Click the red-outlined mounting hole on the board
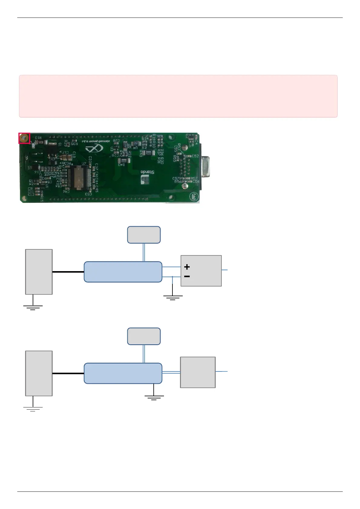pyautogui.click(x=24, y=138)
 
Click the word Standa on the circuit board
pyautogui.click(x=147, y=172)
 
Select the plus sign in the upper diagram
pyautogui.click(x=187, y=267)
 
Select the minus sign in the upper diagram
pyautogui.click(x=187, y=276)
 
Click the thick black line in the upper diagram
pyautogui.click(x=68, y=272)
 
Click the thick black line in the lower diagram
pyautogui.click(x=68, y=373)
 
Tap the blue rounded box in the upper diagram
pyautogui.click(x=123, y=272)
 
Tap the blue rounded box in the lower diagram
pyautogui.click(x=123, y=373)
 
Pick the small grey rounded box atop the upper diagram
pyautogui.click(x=144, y=235)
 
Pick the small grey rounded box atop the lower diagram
pyautogui.click(x=144, y=336)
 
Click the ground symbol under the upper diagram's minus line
pyautogui.click(x=173, y=297)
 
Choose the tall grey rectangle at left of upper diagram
pyautogui.click(x=39, y=272)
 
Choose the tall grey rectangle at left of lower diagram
pyautogui.click(x=39, y=373)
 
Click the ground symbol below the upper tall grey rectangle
pyautogui.click(x=33, y=307)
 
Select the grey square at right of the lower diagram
pyautogui.click(x=198, y=372)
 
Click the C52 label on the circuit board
pyautogui.click(x=195, y=156)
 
